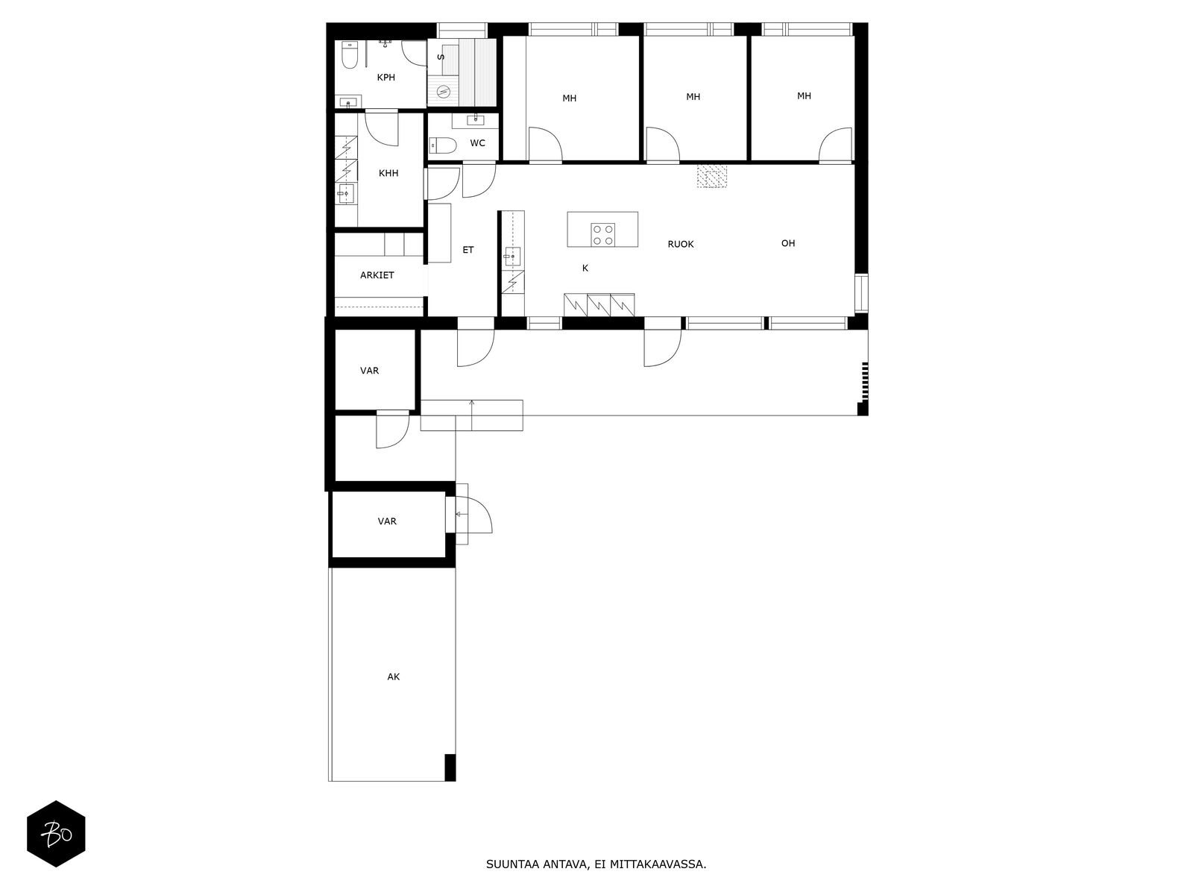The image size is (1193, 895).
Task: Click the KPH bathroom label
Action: tap(385, 78)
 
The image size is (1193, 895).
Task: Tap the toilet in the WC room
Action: tap(441, 145)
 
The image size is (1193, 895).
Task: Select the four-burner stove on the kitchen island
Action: tap(603, 234)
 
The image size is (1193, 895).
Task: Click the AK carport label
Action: tap(394, 677)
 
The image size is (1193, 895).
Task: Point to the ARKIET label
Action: tap(377, 275)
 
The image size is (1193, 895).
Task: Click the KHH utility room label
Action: tap(388, 173)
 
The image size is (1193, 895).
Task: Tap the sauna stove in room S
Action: tap(444, 92)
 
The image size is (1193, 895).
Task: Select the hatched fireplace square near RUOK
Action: tap(711, 176)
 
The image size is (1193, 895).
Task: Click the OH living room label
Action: tap(788, 243)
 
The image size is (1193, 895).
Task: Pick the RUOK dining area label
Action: tap(681, 244)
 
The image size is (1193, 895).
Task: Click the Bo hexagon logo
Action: tap(56, 834)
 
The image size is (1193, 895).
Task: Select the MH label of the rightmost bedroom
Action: tap(804, 96)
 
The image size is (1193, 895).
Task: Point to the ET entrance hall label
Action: tap(468, 250)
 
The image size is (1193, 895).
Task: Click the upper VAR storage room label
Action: tap(370, 371)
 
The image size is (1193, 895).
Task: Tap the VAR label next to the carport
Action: tap(387, 521)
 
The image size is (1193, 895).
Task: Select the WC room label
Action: tap(478, 143)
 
